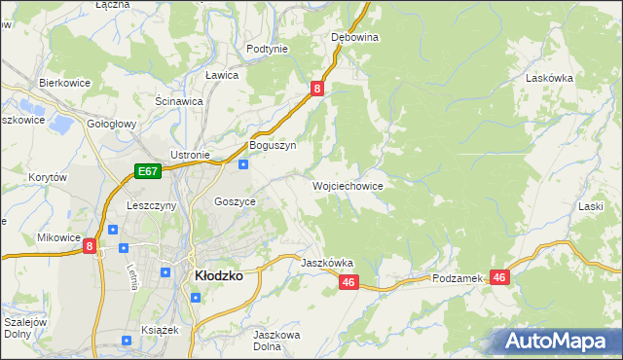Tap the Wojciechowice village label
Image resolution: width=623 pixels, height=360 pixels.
pos(348,185)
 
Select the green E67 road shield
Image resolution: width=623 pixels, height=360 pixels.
pos(147,172)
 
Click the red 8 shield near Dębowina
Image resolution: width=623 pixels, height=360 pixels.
pos(317,89)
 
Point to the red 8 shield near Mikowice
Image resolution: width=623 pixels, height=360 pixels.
pos(90,247)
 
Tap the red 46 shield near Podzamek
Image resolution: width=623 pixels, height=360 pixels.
pos(499,278)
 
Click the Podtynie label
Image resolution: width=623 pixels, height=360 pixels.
pos(267,49)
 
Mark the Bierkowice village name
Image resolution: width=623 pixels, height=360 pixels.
pos(64,84)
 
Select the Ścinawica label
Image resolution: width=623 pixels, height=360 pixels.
pos(178,101)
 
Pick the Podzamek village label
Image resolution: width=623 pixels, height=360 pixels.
pos(458,278)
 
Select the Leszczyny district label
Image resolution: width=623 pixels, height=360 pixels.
pos(151,206)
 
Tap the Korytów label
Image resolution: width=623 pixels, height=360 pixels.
pos(47,178)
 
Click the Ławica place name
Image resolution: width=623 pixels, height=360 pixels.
pos(222,75)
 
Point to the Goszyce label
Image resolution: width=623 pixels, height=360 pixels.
pos(235,201)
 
